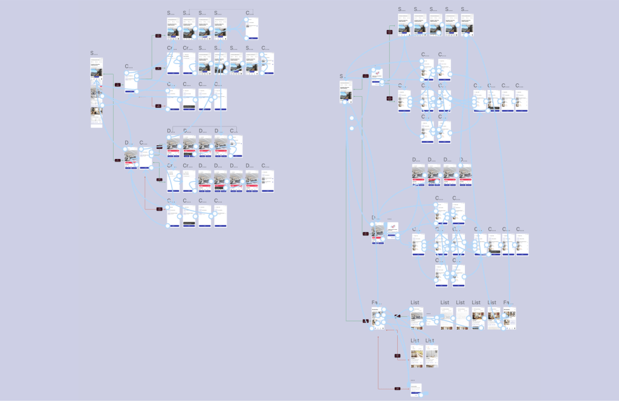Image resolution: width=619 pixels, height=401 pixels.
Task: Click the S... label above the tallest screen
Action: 94,53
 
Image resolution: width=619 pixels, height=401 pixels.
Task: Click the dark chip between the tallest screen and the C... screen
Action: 117,85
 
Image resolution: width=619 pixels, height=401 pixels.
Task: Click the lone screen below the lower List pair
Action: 415,390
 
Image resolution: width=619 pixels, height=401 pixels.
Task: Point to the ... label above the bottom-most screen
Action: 413,380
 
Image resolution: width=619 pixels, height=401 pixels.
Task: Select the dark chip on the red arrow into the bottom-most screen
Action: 398,388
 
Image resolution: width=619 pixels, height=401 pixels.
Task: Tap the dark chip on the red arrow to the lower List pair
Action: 398,356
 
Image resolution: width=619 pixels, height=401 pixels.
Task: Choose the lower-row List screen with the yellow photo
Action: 416,356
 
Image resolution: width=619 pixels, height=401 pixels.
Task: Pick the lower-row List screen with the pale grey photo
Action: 430,356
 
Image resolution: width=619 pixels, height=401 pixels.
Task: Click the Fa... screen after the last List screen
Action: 510,318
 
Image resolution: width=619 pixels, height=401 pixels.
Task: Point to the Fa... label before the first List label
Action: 376,302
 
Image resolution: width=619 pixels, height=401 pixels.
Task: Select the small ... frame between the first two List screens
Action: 429,314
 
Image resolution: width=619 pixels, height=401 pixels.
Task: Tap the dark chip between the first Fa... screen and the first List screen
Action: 397,316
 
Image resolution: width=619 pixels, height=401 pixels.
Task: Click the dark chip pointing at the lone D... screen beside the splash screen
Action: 366,233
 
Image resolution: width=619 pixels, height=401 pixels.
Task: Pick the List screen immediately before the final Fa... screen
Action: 493,318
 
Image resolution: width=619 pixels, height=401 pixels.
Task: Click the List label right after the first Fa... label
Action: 415,302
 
